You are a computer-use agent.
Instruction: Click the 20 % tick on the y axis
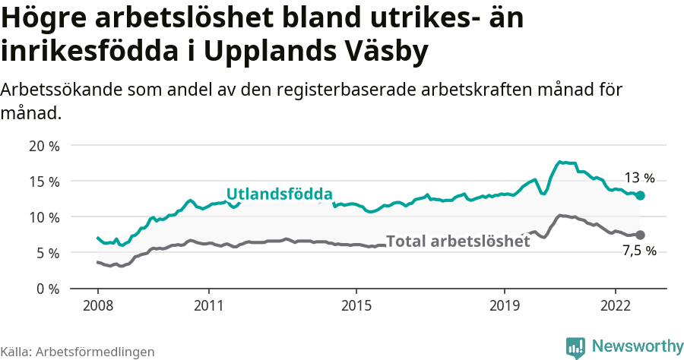click(x=44, y=146)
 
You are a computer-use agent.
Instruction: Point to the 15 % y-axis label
click(x=44, y=182)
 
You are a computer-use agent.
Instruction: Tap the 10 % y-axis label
click(x=44, y=217)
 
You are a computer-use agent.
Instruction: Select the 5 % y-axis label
click(x=47, y=253)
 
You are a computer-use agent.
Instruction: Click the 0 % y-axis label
click(x=47, y=289)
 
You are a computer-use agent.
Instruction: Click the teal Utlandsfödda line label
click(x=280, y=194)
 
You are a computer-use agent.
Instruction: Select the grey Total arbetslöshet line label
click(x=458, y=242)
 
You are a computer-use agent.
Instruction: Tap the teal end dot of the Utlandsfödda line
click(x=640, y=196)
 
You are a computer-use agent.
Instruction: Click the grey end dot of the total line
click(x=640, y=235)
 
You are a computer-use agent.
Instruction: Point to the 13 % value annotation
click(x=639, y=178)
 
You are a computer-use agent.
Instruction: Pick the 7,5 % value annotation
click(x=639, y=251)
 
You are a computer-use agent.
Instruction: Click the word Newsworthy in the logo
click(x=638, y=346)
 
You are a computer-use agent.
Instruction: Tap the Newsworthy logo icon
click(x=576, y=347)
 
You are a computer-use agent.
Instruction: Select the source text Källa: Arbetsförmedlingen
click(x=78, y=352)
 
